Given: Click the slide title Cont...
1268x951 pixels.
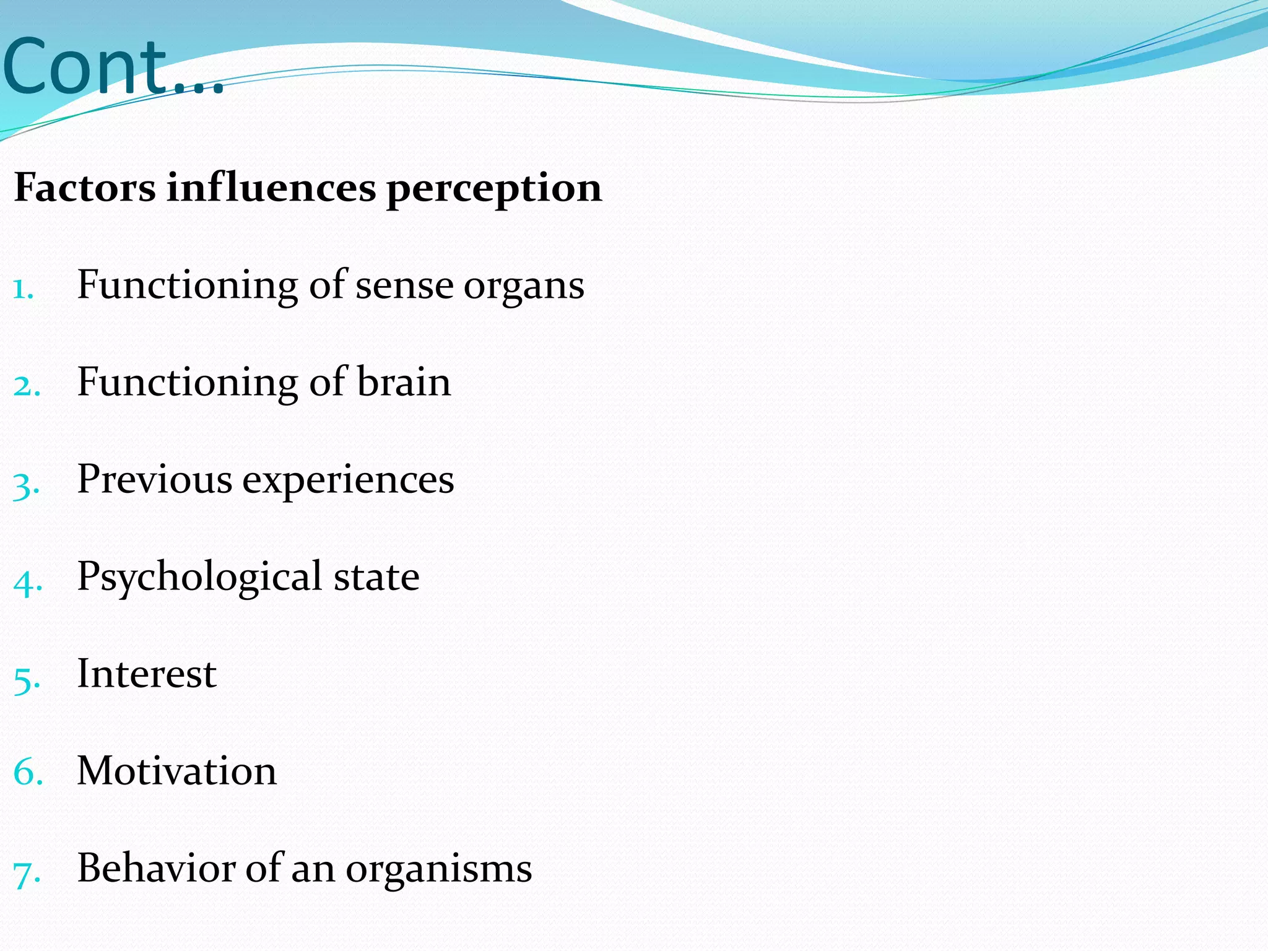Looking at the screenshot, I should [x=111, y=67].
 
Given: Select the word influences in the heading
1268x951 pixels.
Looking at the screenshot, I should [x=271, y=187].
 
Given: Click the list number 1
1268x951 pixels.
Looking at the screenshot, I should [x=22, y=289].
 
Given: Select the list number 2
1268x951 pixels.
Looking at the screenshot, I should [x=27, y=386].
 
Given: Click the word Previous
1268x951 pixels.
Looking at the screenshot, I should [x=154, y=479].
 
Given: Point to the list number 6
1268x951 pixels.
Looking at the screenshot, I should [x=28, y=773].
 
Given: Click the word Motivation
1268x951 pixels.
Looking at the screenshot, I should [x=176, y=771].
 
